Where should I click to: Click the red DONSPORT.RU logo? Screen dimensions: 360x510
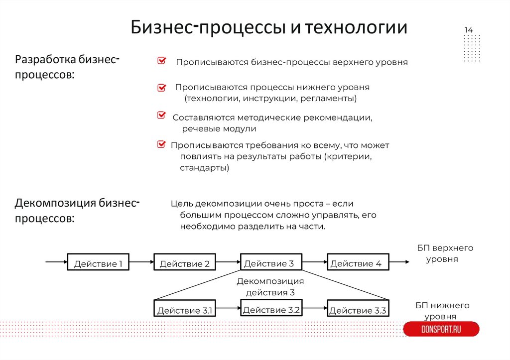tap(441, 329)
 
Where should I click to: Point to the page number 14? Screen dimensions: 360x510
tap(469, 31)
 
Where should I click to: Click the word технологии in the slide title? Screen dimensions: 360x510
tap(356, 27)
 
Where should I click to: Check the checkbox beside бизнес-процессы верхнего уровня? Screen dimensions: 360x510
tap(161, 61)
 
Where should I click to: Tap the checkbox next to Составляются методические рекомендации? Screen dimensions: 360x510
tap(161, 116)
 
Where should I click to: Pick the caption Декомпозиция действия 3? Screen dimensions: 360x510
tap(270, 287)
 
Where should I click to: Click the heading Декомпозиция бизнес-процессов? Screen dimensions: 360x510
tap(77, 210)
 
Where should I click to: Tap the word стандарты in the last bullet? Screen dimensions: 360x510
tap(204, 168)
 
